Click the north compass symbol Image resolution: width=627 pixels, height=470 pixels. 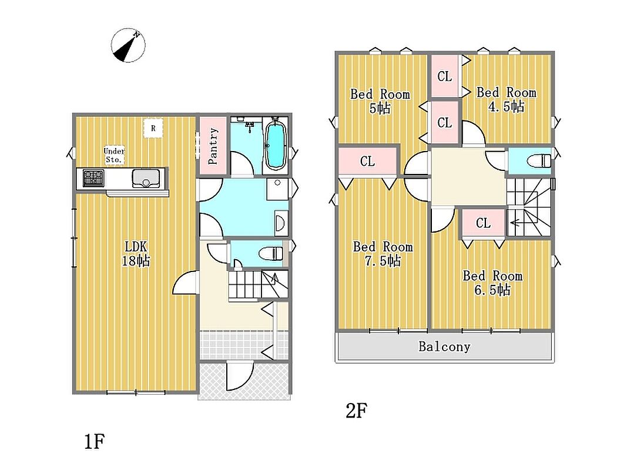pos(128,45)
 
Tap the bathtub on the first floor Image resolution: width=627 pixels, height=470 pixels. pos(275,146)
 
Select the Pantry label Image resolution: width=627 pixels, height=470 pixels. pos(213,146)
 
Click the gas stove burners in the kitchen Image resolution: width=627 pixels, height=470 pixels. pos(93,177)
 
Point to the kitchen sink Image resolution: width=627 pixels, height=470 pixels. pos(146,178)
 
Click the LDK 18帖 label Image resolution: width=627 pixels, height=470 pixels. pos(136,253)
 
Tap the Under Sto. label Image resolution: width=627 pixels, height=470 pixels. pos(114,155)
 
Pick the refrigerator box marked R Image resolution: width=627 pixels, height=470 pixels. pos(153,129)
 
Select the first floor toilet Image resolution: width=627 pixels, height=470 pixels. pos(271,253)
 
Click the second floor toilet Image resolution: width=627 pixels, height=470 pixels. pos(539,161)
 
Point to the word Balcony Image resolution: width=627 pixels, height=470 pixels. pos(444,346)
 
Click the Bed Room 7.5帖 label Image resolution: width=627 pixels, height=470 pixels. pos(383,253)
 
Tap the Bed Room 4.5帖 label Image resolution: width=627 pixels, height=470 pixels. pos(506,99)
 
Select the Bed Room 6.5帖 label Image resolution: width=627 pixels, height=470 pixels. pos(492,283)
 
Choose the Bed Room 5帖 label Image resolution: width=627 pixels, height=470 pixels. pos(380,101)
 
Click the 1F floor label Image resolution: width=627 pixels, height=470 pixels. pos(95,442)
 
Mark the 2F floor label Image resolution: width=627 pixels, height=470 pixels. pos(356,411)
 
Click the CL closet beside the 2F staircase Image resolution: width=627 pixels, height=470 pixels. pos(483,223)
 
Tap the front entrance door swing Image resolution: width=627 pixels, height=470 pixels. pos(240,375)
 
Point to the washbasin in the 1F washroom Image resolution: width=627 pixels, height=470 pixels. pos(280,223)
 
